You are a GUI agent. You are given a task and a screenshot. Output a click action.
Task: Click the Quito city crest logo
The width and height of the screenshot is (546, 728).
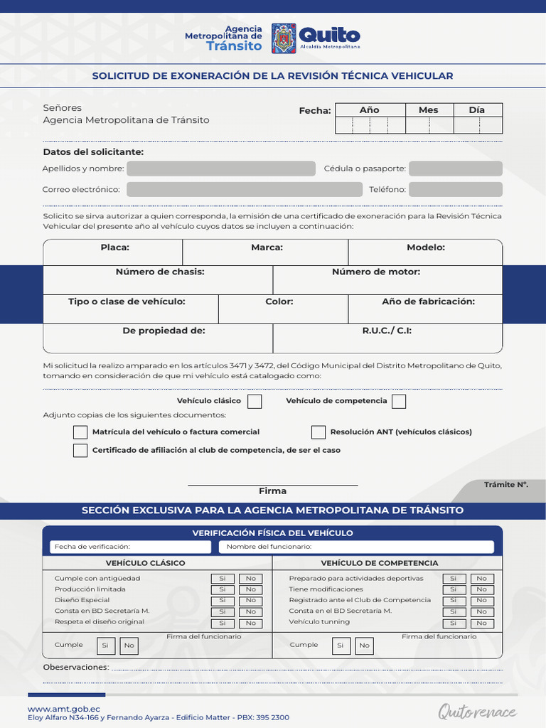click(x=284, y=38)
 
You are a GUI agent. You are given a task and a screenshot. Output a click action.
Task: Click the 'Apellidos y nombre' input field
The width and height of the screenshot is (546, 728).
click(x=220, y=168)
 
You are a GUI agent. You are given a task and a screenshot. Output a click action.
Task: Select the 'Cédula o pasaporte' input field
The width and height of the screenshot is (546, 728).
click(x=455, y=168)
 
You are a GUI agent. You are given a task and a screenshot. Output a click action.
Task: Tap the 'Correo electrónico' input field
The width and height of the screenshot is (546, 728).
click(x=244, y=189)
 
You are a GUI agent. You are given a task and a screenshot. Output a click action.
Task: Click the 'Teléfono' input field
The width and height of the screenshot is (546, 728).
click(x=455, y=189)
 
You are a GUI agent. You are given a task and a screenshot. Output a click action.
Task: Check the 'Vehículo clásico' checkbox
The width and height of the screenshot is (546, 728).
click(x=255, y=402)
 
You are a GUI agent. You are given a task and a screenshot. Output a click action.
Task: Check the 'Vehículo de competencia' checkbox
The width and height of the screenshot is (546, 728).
click(x=399, y=402)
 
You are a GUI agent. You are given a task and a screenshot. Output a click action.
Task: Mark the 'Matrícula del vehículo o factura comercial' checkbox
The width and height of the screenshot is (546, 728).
click(x=80, y=432)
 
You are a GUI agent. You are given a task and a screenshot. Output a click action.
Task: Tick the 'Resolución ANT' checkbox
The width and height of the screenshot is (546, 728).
click(x=318, y=432)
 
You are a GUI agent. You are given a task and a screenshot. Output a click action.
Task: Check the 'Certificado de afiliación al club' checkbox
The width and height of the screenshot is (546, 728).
click(x=80, y=450)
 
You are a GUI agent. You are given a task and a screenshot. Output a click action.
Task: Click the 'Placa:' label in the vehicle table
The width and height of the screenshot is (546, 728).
click(x=114, y=247)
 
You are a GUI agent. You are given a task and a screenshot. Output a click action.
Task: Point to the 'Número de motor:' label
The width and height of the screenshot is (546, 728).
click(x=375, y=272)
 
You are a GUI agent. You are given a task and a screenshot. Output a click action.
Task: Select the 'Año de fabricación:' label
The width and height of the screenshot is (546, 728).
click(x=428, y=301)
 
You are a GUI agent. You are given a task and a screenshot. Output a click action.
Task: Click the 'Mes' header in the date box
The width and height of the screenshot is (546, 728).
click(x=428, y=110)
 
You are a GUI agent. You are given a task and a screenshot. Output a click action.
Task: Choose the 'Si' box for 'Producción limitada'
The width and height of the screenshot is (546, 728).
click(x=222, y=589)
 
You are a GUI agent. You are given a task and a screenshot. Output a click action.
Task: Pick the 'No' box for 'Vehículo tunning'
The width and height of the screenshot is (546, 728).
click(x=481, y=623)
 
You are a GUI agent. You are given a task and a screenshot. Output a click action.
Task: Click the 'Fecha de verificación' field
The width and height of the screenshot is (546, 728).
click(x=130, y=547)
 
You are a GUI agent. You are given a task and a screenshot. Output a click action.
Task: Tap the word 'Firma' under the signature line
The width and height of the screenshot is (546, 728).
click(x=272, y=491)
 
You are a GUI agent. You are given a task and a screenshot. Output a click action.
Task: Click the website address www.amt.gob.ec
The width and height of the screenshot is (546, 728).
click(x=63, y=709)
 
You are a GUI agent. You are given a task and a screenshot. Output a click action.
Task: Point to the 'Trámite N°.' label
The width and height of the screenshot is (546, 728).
click(x=505, y=485)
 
